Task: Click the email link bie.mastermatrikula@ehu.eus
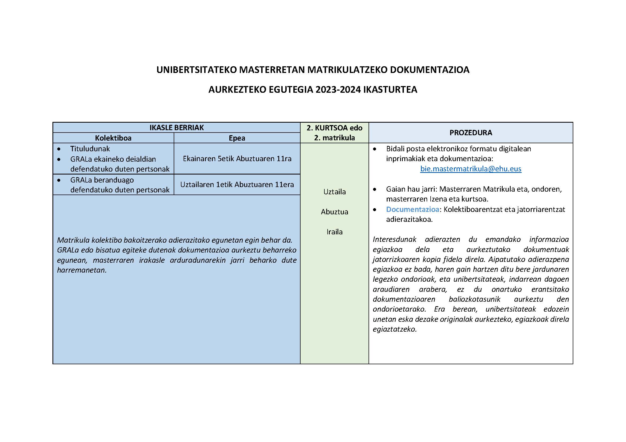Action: coord(471,169)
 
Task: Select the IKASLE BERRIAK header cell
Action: coord(176,127)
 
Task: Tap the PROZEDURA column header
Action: coord(471,133)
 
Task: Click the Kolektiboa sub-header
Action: coord(113,138)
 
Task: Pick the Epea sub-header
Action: coord(237,138)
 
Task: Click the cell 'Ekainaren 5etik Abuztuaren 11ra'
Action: coord(237,158)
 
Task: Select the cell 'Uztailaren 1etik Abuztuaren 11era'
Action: coord(237,185)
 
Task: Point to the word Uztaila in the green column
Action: coord(335,192)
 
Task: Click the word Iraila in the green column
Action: coord(335,232)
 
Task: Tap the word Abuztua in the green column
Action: coord(335,212)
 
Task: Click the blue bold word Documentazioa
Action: coord(412,209)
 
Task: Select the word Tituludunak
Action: coord(90,149)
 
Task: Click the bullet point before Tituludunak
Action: coord(59,149)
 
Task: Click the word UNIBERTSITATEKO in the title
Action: coord(196,70)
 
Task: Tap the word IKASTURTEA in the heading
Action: coord(390,90)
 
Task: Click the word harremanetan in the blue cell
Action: coord(82,270)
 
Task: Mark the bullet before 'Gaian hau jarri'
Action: coord(375,189)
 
